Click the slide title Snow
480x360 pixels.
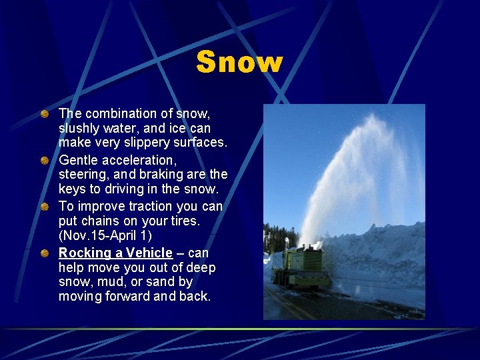click(239, 62)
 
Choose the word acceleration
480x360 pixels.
click(141, 160)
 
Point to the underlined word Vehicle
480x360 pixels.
click(147, 253)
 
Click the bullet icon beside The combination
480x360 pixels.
click(44, 114)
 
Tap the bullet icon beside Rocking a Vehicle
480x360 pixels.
click(44, 253)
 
